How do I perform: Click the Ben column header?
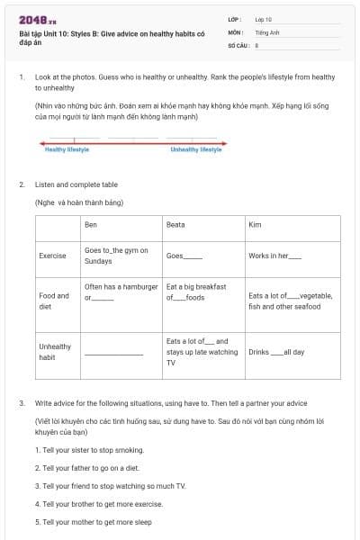(x=90, y=224)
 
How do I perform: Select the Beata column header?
(x=175, y=224)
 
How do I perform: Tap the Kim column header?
(x=254, y=224)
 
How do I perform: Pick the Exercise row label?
(x=52, y=256)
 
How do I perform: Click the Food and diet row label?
(x=54, y=301)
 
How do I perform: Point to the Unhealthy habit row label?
(x=55, y=351)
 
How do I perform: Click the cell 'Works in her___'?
(x=274, y=256)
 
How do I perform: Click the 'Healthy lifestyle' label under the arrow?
(x=67, y=149)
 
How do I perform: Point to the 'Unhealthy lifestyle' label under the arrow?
(x=195, y=149)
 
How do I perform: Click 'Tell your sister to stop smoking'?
(x=89, y=449)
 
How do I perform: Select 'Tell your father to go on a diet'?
(x=87, y=468)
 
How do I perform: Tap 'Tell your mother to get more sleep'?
(x=93, y=522)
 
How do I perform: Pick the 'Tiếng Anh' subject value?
(x=266, y=31)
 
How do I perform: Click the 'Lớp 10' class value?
(x=263, y=18)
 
